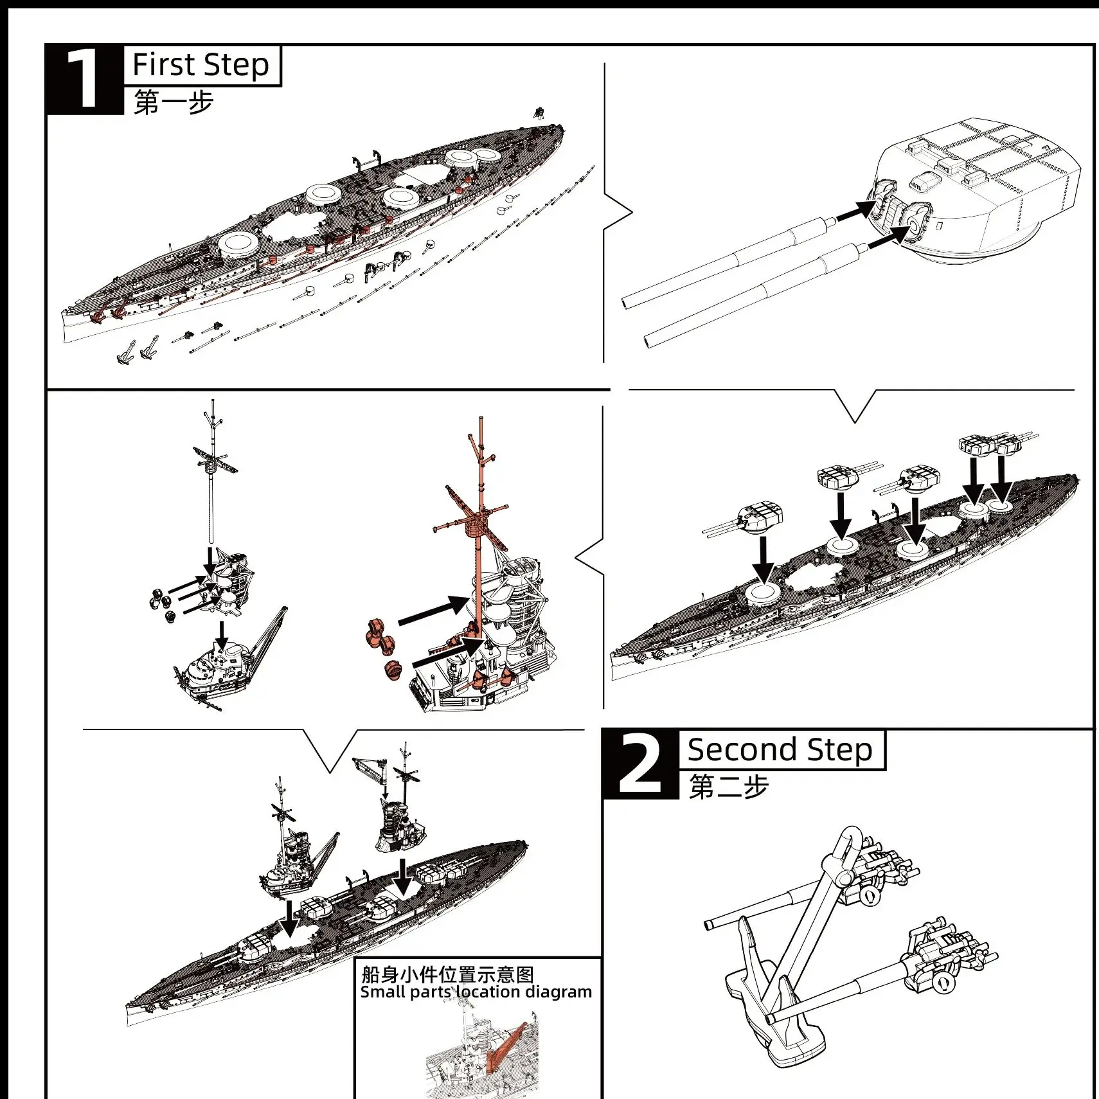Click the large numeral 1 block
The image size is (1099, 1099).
pyautogui.click(x=84, y=79)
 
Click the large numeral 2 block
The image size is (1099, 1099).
pyautogui.click(x=639, y=765)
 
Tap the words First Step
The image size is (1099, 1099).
pyautogui.click(x=201, y=65)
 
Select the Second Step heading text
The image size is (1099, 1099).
pyautogui.click(x=780, y=749)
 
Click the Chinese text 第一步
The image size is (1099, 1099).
pyautogui.click(x=173, y=102)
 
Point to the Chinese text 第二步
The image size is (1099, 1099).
pyautogui.click(x=728, y=787)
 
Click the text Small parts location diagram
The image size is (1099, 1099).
pyautogui.click(x=476, y=992)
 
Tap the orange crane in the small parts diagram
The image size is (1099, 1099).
pyautogui.click(x=505, y=1044)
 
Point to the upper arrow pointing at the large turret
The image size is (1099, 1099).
pyautogui.click(x=856, y=210)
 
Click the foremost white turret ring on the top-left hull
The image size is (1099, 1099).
pyautogui.click(x=238, y=244)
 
